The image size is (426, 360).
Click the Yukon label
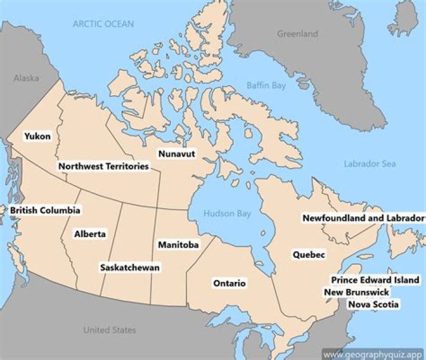(x=37, y=136)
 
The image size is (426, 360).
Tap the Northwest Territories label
(x=104, y=166)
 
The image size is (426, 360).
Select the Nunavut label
(x=176, y=154)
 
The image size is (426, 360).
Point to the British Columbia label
(x=45, y=210)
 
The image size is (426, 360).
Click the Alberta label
(x=90, y=233)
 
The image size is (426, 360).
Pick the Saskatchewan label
(x=130, y=267)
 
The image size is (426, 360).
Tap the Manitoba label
(x=178, y=244)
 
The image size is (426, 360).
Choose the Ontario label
(x=229, y=283)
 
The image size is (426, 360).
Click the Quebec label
(x=309, y=254)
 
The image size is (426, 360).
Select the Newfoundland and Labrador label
(x=363, y=218)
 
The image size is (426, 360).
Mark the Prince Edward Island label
(x=375, y=280)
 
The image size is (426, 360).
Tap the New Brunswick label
(x=356, y=292)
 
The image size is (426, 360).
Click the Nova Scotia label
(x=373, y=304)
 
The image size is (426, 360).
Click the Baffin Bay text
(x=266, y=86)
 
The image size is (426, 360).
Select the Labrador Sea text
(x=370, y=164)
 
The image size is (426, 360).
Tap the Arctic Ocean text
(x=103, y=24)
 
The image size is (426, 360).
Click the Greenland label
(x=298, y=34)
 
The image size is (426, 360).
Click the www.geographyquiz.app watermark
(x=374, y=354)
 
